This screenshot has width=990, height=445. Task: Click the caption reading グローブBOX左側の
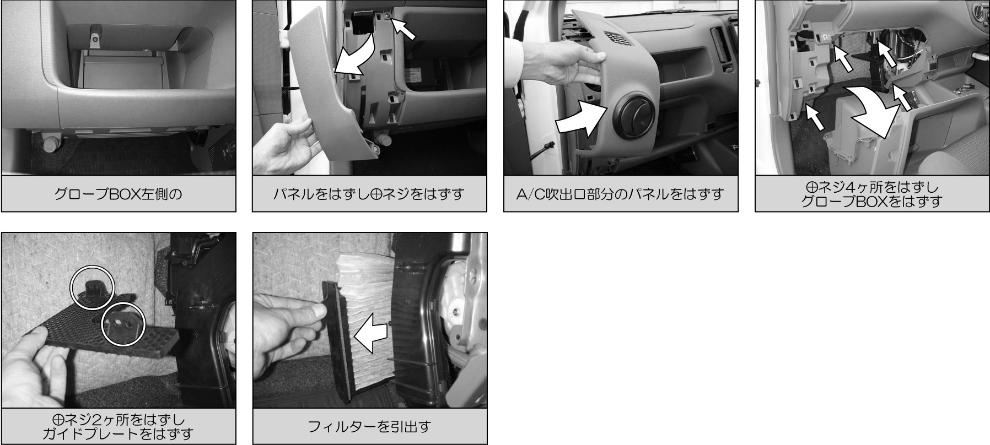tap(119, 194)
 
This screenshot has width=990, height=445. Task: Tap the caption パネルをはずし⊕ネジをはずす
tap(369, 194)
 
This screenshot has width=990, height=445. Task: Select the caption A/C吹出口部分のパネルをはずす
tap(621, 194)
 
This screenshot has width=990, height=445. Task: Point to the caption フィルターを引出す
tap(369, 426)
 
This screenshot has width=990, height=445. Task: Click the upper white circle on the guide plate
tap(92, 284)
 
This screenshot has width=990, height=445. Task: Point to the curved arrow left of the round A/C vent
tap(579, 118)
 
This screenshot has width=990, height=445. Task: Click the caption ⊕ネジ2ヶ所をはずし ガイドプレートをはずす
tap(119, 426)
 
